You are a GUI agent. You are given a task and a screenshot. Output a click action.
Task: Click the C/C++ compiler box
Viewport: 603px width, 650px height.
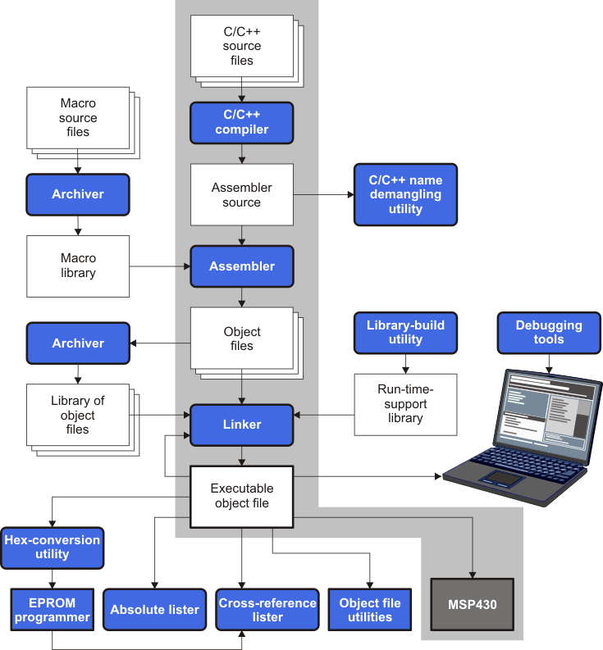(x=241, y=122)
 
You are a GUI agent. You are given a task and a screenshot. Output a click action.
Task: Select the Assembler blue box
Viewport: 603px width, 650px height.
(x=241, y=266)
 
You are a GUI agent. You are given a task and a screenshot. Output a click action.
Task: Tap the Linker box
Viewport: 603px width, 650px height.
(x=241, y=425)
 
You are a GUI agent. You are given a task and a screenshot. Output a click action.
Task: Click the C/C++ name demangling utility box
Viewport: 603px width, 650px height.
(x=405, y=195)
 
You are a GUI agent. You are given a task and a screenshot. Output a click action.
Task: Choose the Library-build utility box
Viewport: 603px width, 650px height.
(x=405, y=332)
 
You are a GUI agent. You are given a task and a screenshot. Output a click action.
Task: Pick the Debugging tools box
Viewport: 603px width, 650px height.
(x=549, y=332)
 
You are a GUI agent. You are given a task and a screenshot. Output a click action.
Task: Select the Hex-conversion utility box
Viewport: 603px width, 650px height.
(x=53, y=548)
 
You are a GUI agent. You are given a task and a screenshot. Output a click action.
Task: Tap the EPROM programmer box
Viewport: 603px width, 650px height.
(x=53, y=610)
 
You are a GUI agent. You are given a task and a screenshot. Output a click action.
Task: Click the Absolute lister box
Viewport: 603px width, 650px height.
(x=154, y=610)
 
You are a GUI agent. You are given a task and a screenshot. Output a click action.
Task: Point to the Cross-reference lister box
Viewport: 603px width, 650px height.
(x=267, y=610)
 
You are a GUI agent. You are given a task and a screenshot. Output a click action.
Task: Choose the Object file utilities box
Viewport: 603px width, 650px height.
(x=370, y=610)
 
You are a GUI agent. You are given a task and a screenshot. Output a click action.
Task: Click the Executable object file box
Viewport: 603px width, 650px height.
(x=241, y=496)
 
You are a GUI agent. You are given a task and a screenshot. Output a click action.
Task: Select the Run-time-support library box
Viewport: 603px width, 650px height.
(x=405, y=404)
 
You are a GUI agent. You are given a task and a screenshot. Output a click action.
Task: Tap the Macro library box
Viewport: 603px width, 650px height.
(x=78, y=266)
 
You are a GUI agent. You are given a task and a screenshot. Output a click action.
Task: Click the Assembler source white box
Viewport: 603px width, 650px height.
(x=241, y=194)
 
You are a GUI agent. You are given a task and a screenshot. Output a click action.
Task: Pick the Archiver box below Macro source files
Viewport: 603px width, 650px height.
(x=78, y=194)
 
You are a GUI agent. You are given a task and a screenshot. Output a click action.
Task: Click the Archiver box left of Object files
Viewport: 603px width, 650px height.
(x=78, y=343)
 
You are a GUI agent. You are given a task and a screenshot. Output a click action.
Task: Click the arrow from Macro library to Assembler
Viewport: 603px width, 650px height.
(x=160, y=266)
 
